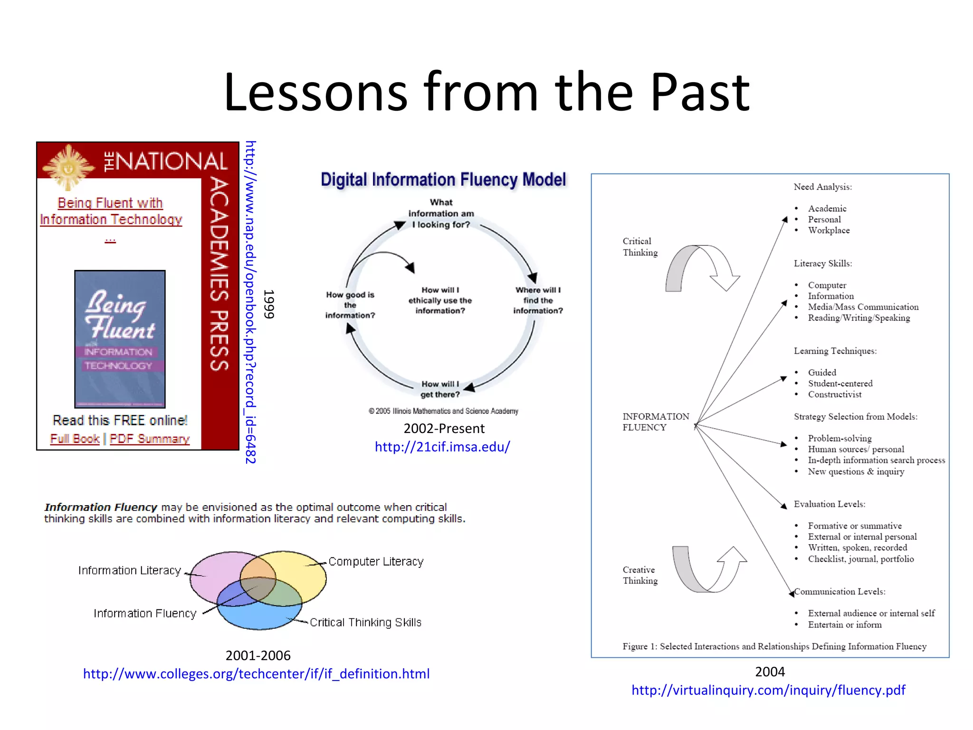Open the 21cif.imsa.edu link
(x=442, y=447)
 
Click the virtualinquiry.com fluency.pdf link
(x=768, y=690)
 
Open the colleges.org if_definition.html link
(x=256, y=673)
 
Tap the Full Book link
(x=75, y=439)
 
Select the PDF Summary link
(x=150, y=439)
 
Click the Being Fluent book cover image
(x=120, y=339)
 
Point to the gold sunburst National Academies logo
(x=68, y=166)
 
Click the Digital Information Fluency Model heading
(x=443, y=180)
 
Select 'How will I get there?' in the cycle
(x=440, y=389)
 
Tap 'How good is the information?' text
(x=350, y=305)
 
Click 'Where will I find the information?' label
(x=538, y=300)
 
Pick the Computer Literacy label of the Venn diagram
(x=376, y=561)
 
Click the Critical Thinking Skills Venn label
(x=365, y=622)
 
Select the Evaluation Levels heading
(x=830, y=504)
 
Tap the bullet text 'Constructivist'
(x=835, y=394)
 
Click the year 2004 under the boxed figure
(x=770, y=672)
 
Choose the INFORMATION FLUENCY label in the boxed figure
(x=656, y=422)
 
